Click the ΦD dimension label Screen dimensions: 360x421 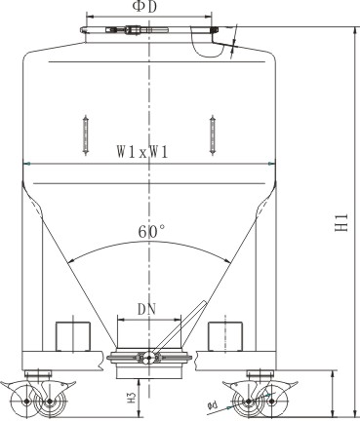[144, 7]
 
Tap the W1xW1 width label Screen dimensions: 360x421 [142, 152]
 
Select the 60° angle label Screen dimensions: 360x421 [151, 232]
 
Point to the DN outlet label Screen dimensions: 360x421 [147, 309]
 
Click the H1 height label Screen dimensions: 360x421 [342, 222]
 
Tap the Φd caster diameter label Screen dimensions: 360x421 [213, 404]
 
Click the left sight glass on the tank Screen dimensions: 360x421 [86, 135]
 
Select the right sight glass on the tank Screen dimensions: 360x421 [213, 135]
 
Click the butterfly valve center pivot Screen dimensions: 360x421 [149, 358]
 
